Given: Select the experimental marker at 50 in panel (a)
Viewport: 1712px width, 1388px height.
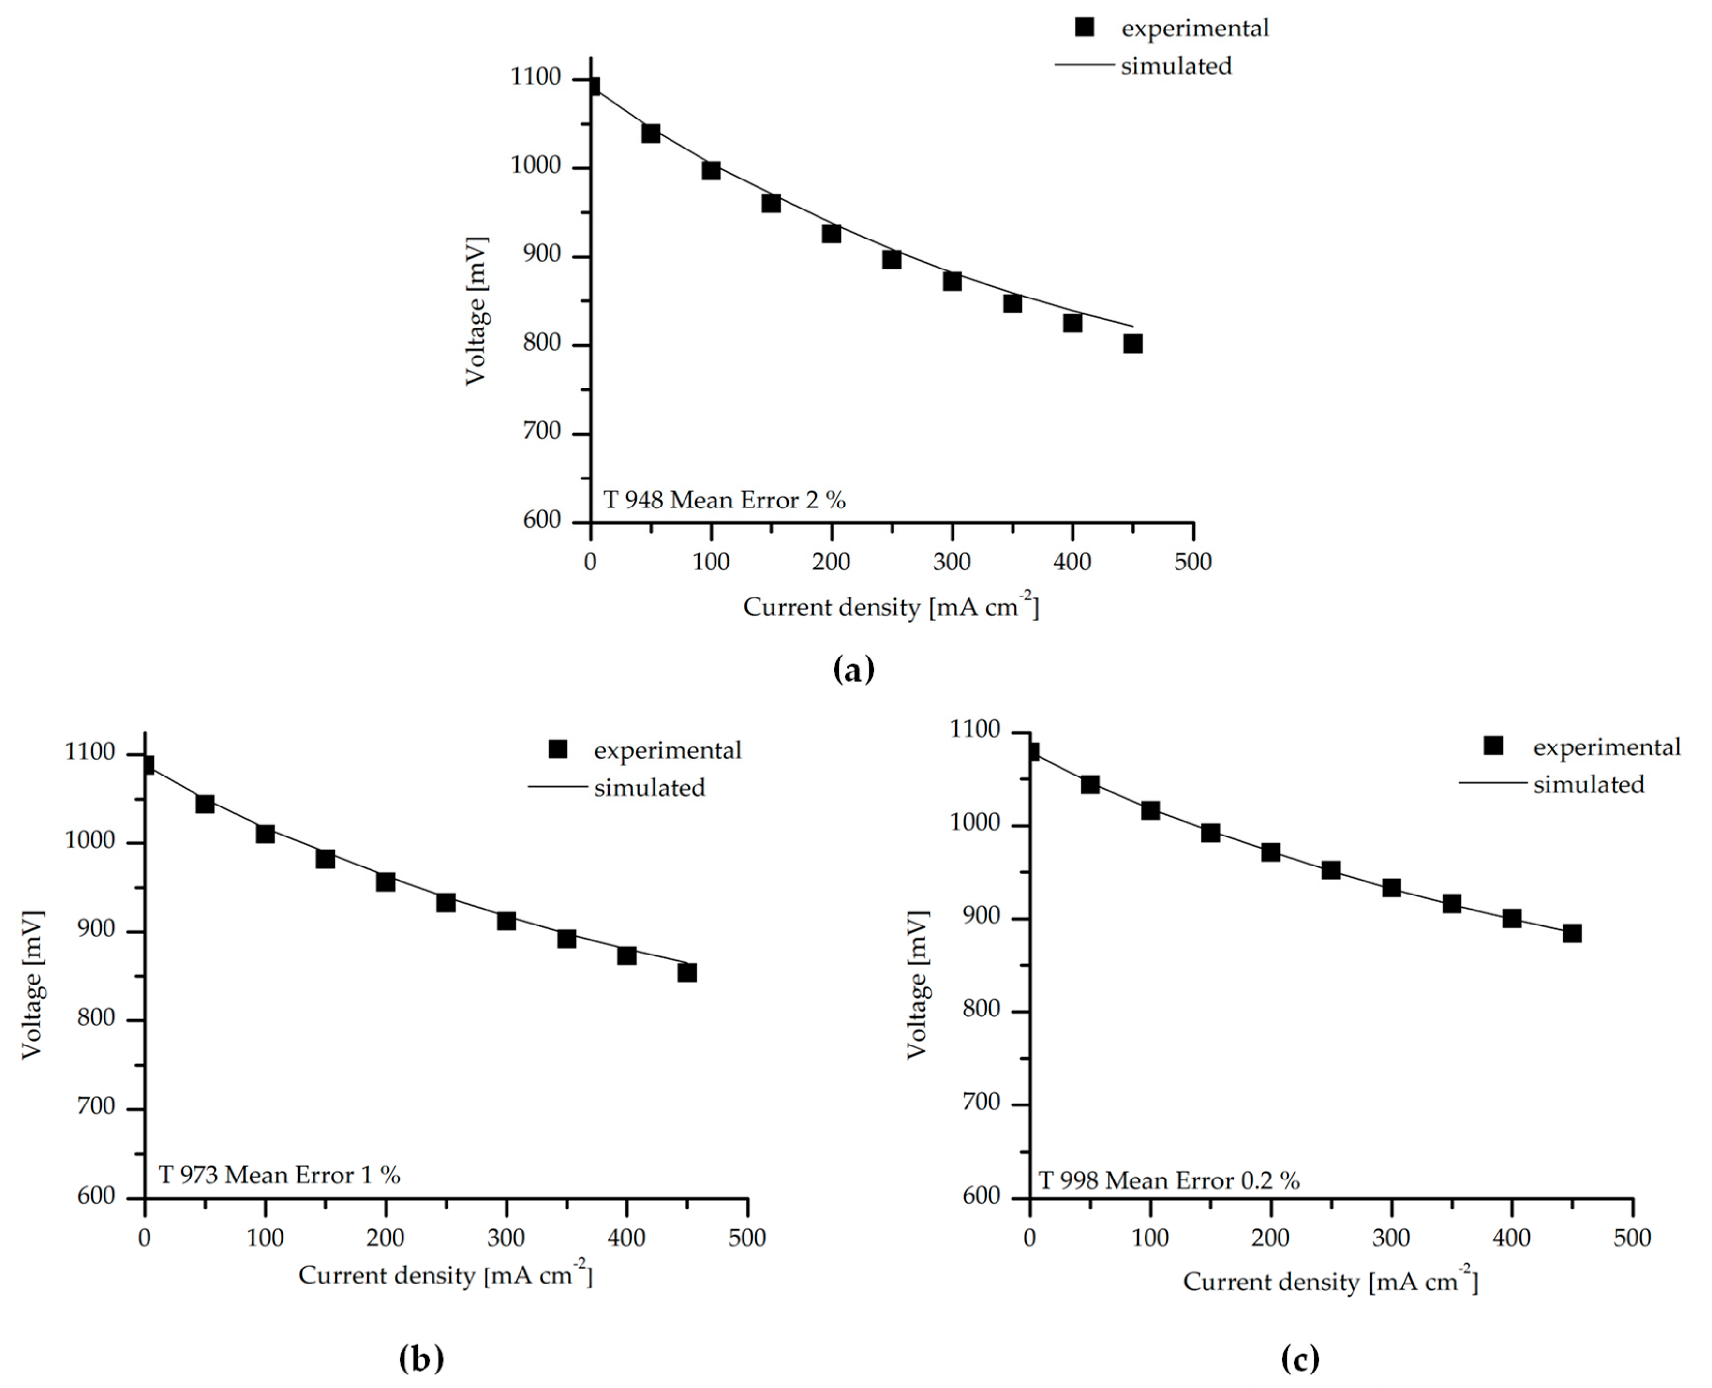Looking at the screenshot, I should [651, 134].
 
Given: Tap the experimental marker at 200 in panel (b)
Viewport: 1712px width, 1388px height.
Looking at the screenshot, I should [385, 882].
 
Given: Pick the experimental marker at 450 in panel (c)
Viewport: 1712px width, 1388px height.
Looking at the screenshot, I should [1571, 933].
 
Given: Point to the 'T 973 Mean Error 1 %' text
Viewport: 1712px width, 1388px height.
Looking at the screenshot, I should [279, 1175].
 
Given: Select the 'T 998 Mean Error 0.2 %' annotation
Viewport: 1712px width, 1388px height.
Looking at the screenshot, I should [1169, 1181].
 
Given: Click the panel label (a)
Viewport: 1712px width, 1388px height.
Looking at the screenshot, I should [854, 669].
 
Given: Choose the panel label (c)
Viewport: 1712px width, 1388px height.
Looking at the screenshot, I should [1299, 1358].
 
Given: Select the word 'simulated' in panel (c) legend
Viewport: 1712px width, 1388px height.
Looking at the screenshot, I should [1588, 784].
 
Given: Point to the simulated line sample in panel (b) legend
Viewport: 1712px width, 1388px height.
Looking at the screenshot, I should [558, 787].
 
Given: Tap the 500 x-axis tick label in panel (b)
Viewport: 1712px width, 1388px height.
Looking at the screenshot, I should [747, 1239].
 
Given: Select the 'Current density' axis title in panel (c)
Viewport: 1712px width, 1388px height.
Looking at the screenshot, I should [1271, 1283].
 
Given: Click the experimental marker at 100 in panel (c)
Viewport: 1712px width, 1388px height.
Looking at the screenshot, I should [1149, 811].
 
